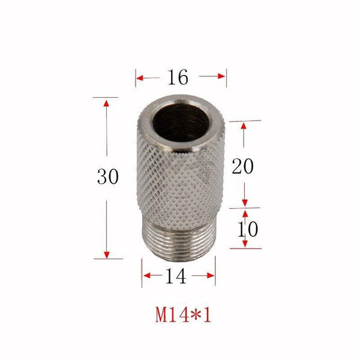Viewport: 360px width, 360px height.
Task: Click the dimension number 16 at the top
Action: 179,77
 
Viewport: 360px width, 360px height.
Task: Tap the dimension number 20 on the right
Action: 242,166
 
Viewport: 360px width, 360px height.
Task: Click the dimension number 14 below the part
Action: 178,275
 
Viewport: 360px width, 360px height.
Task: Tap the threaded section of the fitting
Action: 179,240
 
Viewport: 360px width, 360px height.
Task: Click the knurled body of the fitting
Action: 179,180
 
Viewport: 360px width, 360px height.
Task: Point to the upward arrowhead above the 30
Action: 106,103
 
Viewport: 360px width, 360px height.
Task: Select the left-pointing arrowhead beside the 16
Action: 140,77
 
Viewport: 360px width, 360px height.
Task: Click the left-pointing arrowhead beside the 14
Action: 146,275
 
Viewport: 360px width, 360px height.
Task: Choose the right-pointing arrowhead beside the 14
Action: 211,275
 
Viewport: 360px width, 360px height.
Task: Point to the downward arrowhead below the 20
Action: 245,202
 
